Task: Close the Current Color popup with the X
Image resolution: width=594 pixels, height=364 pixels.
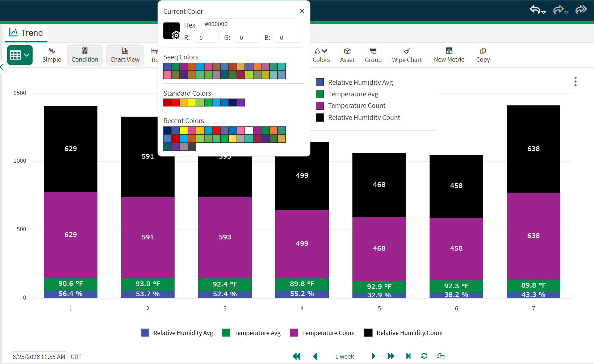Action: tap(302, 11)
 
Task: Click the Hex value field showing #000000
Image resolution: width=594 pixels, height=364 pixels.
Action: tap(249, 24)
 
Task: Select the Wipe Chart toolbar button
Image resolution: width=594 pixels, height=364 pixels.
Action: tap(407, 55)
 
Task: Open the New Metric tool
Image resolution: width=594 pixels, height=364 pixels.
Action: tap(449, 55)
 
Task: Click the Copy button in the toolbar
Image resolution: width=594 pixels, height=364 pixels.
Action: tap(483, 55)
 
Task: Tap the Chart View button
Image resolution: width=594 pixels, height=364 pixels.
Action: tap(125, 55)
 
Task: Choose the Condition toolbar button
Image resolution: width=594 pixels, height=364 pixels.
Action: tap(85, 55)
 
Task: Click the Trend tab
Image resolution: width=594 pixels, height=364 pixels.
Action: tap(26, 33)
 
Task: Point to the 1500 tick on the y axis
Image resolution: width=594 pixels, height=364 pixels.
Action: tap(20, 93)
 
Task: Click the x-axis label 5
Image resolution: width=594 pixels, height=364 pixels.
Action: tap(379, 308)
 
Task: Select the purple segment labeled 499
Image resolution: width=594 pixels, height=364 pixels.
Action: tap(302, 244)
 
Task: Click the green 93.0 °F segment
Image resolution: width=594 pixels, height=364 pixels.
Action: tap(148, 284)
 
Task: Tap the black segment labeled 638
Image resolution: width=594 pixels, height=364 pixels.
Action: tap(533, 149)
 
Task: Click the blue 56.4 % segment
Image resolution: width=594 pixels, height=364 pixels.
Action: tap(71, 294)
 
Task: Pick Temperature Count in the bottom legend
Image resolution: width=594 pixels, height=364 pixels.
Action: tap(322, 333)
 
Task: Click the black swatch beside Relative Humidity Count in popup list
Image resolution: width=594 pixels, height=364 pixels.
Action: tap(320, 117)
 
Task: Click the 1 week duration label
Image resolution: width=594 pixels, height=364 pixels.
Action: tap(344, 357)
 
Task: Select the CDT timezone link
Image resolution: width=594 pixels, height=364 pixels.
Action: tap(76, 357)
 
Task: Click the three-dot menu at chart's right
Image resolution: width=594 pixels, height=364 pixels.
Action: tap(576, 81)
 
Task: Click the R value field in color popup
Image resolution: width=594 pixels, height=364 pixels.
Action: tap(206, 38)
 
